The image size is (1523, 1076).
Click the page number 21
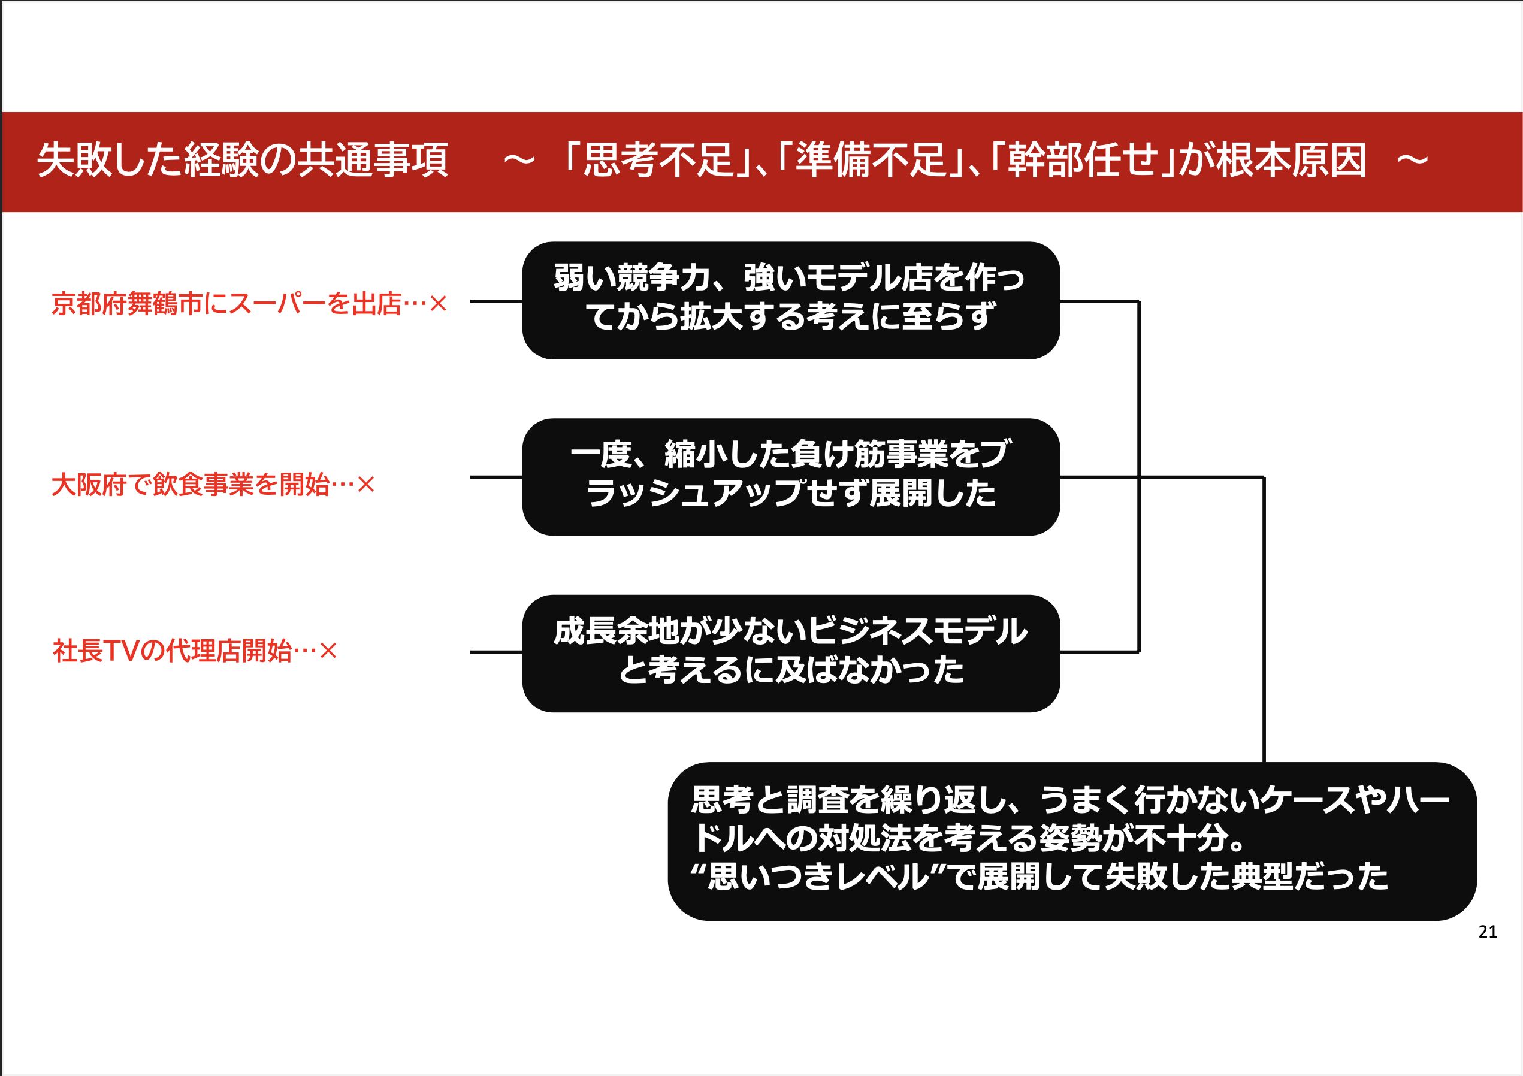[1487, 932]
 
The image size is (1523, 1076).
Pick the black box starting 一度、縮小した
[791, 476]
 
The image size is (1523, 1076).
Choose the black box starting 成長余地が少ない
[791, 653]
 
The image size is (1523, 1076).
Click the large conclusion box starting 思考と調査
[1071, 841]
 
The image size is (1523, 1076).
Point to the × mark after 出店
[439, 304]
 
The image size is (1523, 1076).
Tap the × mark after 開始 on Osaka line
[366, 485]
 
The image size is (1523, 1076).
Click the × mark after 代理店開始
[328, 651]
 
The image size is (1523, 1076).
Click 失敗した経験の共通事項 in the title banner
[243, 161]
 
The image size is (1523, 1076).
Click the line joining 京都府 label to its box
[496, 301]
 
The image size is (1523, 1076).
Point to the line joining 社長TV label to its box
[496, 652]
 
